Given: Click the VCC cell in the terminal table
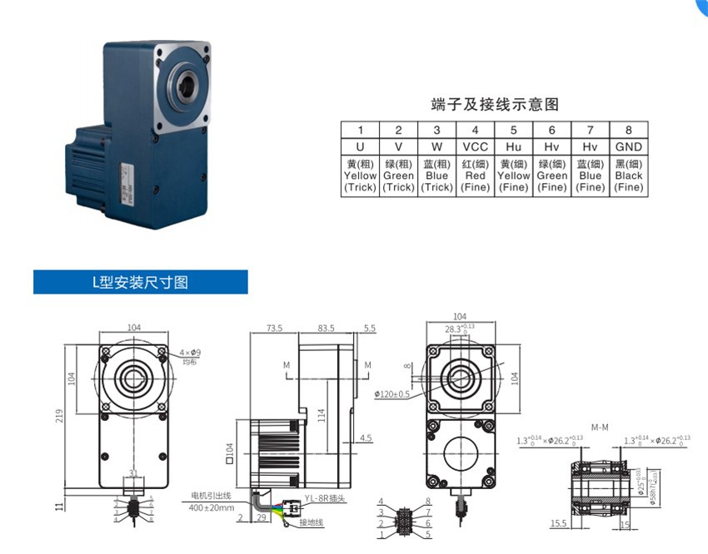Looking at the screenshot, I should coord(475,146).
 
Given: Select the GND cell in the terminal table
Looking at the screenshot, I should coord(629,146).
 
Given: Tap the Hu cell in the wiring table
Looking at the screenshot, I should coord(513,146).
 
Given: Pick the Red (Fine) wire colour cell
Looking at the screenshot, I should coord(475,176).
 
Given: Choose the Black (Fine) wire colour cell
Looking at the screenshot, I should coord(629,176).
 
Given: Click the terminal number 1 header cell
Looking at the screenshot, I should coord(360,130).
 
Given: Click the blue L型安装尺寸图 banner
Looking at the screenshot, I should coord(140,282).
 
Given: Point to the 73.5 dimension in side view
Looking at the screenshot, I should coord(274,329).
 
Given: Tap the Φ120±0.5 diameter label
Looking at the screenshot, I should coord(391,393).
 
